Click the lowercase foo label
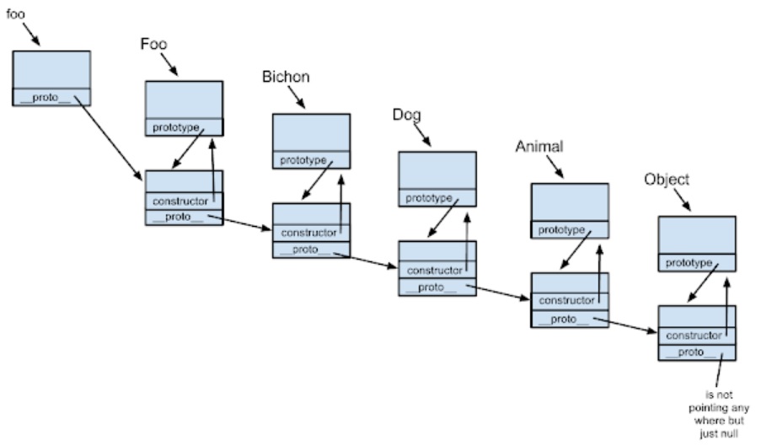15,14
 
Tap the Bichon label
286,78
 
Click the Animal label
539,147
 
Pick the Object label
666,180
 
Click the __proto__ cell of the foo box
51,98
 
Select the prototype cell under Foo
176,127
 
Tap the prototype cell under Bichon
303,159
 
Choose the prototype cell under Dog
429,198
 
